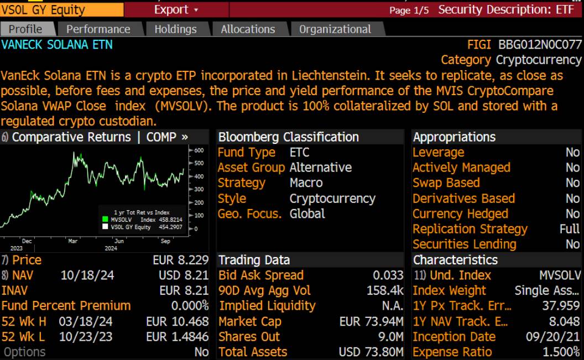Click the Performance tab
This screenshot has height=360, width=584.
pyautogui.click(x=98, y=29)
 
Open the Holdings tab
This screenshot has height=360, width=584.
pyautogui.click(x=175, y=29)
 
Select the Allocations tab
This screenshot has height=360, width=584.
pyautogui.click(x=248, y=29)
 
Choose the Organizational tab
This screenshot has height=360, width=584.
pyautogui.click(x=335, y=29)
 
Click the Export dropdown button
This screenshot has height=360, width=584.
pyautogui.click(x=176, y=10)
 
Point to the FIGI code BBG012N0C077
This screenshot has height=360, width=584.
pyautogui.click(x=540, y=45)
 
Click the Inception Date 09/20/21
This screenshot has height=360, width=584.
pyautogui.click(x=552, y=337)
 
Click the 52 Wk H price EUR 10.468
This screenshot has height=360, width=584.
pyautogui.click(x=177, y=321)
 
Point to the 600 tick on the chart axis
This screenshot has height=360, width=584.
pyautogui.click(x=199, y=150)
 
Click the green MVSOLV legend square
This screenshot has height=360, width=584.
pyautogui.click(x=105, y=220)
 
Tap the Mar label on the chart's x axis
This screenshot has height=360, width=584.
pyautogui.click(x=72, y=241)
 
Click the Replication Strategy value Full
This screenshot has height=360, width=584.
pyautogui.click(x=570, y=229)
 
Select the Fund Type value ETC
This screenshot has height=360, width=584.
pyautogui.click(x=299, y=152)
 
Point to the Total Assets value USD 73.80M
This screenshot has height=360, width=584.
pyautogui.click(x=371, y=352)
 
